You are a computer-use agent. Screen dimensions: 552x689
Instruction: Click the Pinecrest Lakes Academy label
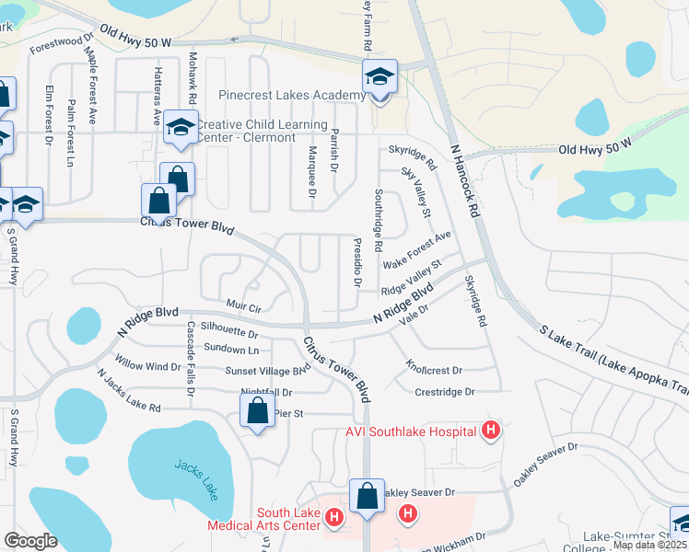292,96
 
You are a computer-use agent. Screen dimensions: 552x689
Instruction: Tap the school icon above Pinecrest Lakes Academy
379,76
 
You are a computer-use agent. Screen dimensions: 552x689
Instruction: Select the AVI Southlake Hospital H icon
491,431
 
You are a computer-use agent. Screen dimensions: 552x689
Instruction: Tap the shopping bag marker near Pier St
258,411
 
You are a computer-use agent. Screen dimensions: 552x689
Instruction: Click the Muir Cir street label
243,304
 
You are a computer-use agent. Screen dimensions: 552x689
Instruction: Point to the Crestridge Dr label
444,392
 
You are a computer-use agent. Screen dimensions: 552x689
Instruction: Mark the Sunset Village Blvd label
268,370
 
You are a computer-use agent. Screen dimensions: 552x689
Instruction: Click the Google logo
30,541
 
